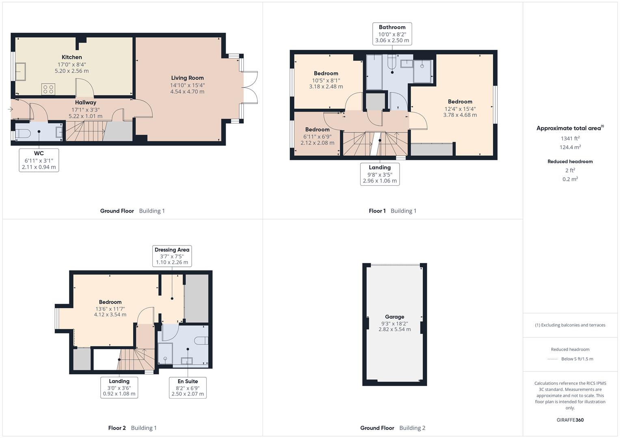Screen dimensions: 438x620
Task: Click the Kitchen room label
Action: pos(72,57)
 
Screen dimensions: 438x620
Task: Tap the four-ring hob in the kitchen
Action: pos(48,89)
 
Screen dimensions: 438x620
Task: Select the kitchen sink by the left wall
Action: pos(20,71)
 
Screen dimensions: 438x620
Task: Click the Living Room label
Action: pos(187,78)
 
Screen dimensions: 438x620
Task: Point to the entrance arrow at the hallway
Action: pos(10,109)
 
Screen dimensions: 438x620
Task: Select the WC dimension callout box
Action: pos(39,160)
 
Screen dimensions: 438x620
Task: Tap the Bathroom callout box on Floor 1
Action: pos(392,34)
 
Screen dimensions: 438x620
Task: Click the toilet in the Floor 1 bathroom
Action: pos(391,62)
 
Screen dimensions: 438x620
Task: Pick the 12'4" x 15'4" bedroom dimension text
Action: pos(460,112)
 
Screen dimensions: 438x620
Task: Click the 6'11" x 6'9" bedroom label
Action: pos(318,129)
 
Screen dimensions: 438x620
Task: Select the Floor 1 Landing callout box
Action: pos(380,174)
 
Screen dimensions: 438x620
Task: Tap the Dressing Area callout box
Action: pos(172,256)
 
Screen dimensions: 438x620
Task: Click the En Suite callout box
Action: pos(188,387)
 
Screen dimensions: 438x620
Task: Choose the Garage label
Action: pos(394,317)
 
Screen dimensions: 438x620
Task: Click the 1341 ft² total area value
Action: pos(570,138)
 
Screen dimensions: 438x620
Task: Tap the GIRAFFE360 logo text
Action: pos(570,420)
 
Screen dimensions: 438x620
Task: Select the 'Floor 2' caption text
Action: pos(117,428)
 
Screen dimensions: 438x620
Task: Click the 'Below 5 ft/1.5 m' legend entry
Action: pos(577,359)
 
